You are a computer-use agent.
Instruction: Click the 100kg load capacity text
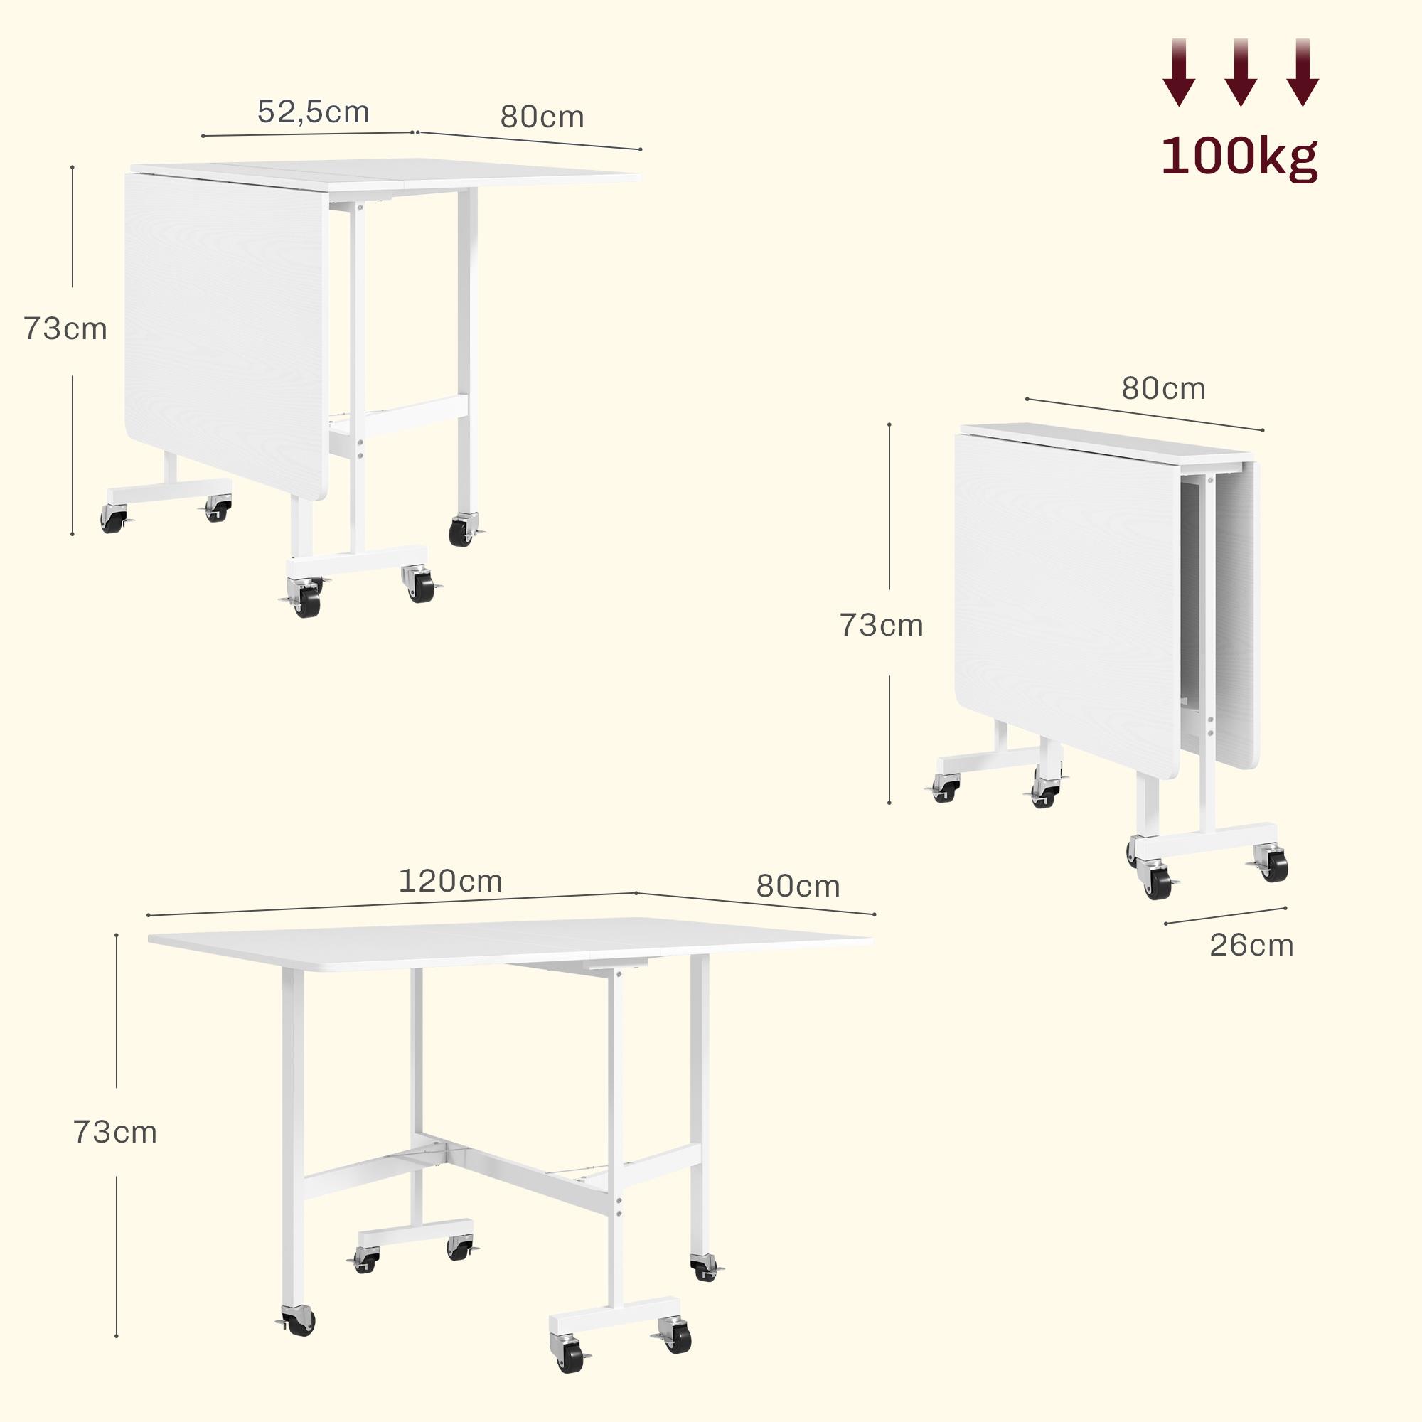(1239, 156)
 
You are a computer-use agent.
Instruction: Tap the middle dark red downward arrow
(1240, 72)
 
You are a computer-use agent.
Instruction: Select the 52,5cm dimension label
(314, 112)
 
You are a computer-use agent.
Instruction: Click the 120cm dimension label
(451, 881)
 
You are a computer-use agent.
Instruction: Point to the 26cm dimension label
(1251, 945)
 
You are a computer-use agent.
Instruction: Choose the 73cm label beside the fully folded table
(881, 626)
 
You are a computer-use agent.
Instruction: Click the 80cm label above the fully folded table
(1164, 389)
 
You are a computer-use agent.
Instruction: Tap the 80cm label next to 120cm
(798, 886)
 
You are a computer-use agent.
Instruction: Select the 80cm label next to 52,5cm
(542, 117)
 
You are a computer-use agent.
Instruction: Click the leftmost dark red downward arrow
(1179, 72)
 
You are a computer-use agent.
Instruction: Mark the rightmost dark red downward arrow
(1302, 72)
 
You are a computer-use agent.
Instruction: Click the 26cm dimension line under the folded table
(1226, 915)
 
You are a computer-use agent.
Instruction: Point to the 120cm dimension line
(392, 904)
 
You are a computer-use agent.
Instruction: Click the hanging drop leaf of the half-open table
(227, 335)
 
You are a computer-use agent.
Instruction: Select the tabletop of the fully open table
(510, 941)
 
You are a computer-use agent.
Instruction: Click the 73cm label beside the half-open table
(65, 329)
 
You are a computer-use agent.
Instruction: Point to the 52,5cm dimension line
(309, 134)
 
